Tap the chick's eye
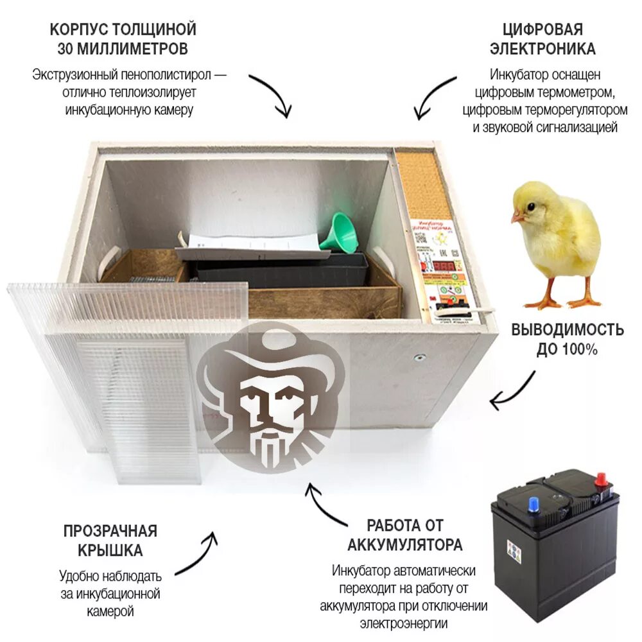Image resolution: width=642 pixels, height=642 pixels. (532, 206)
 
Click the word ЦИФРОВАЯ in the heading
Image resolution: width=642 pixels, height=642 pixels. (543, 30)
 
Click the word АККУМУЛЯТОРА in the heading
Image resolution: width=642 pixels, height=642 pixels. (405, 545)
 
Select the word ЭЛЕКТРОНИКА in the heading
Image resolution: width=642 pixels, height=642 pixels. (543, 49)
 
